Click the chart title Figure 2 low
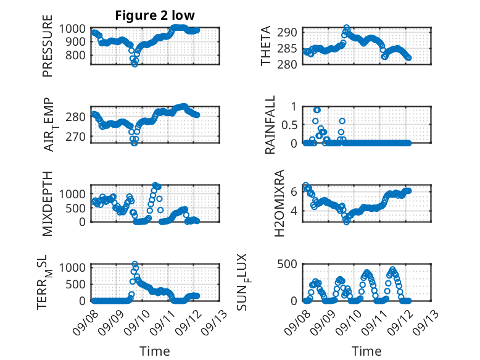coord(155,15)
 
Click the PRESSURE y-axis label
coord(48,46)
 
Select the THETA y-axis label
coord(266,46)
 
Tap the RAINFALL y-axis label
coord(270,125)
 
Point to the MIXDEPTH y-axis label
coord(48,203)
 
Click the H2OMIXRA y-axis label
coord(279,203)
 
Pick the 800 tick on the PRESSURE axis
coord(76,56)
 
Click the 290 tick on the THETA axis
coord(287,32)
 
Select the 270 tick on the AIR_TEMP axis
coord(76,136)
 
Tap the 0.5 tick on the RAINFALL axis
coord(289,125)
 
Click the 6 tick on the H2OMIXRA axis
coord(294,191)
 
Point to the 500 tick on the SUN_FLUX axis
coord(287,264)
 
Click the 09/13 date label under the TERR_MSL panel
coord(215,322)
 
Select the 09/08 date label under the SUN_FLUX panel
coord(297,322)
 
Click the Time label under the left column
coord(155,351)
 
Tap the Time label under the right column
coord(366,351)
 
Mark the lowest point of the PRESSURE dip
coord(134,64)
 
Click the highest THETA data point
coord(346,28)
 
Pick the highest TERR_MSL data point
coord(134,264)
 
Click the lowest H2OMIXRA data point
coord(346,222)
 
